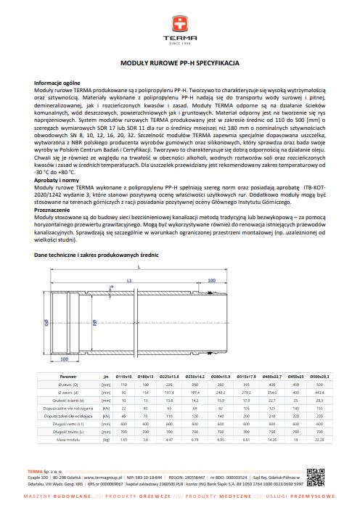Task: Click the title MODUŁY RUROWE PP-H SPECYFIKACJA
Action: tap(179, 64)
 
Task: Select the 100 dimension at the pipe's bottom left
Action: tap(65, 358)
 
